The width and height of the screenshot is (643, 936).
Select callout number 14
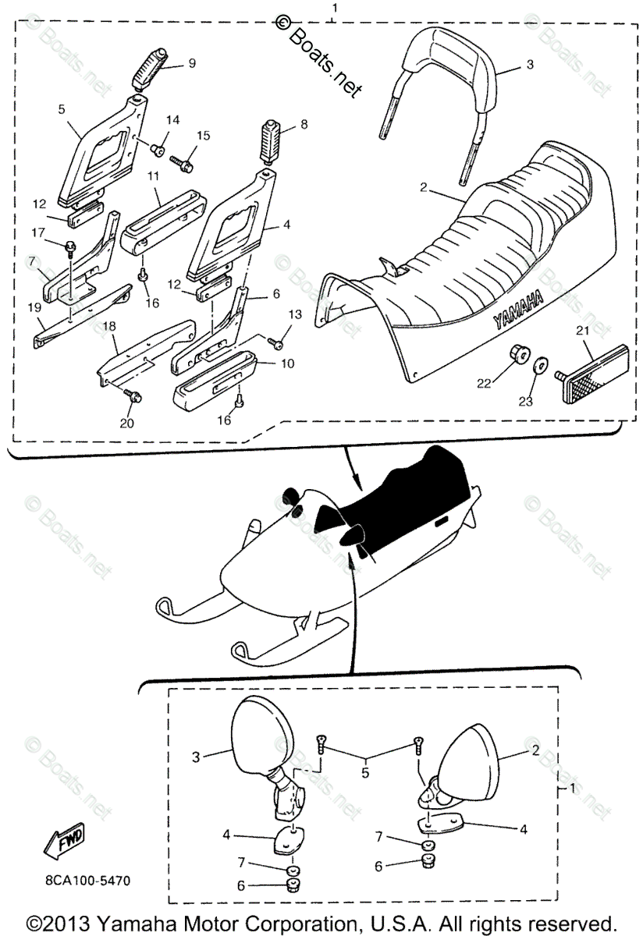tap(172, 119)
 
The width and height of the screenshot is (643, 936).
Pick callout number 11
tap(154, 178)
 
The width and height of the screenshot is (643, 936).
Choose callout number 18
tap(109, 325)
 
